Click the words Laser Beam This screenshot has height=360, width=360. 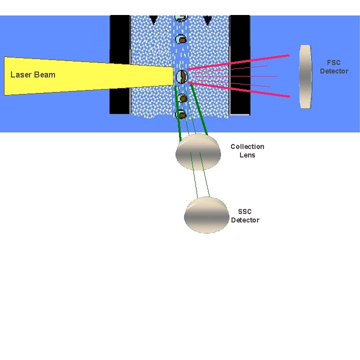click(33, 75)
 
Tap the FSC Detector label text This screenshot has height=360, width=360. click(334, 67)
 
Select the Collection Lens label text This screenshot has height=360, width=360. click(247, 150)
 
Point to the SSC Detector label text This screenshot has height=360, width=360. click(245, 216)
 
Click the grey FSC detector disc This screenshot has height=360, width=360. click(305, 76)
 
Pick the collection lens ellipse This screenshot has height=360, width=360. click(198, 152)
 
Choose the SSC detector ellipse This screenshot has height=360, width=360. click(206, 215)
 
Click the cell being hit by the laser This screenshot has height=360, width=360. click(181, 76)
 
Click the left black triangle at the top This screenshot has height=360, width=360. click(153, 19)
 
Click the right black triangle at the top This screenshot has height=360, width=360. click(207, 20)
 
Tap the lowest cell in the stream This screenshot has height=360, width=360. click(182, 114)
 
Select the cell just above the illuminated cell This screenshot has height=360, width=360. click(181, 38)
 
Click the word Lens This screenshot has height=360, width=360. click(247, 155)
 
